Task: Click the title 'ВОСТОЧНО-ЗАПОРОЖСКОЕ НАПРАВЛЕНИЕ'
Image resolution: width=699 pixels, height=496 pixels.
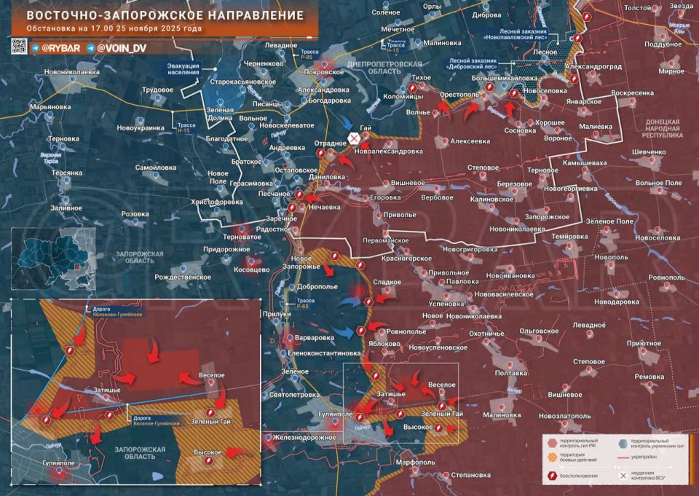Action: pos(155,15)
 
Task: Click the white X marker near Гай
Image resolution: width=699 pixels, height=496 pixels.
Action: pos(354,138)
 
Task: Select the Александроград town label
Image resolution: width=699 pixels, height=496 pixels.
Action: pos(594,66)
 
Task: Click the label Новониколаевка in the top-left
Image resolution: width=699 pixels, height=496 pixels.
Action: pos(71,72)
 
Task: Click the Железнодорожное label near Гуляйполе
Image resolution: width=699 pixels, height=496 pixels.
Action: pos(305,437)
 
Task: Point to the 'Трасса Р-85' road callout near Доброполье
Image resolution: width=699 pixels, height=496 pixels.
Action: pos(306,302)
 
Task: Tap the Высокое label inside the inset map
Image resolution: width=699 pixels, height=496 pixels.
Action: pos(208,452)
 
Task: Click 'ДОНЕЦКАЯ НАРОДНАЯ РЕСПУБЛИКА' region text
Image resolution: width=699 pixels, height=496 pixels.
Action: pos(663,128)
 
